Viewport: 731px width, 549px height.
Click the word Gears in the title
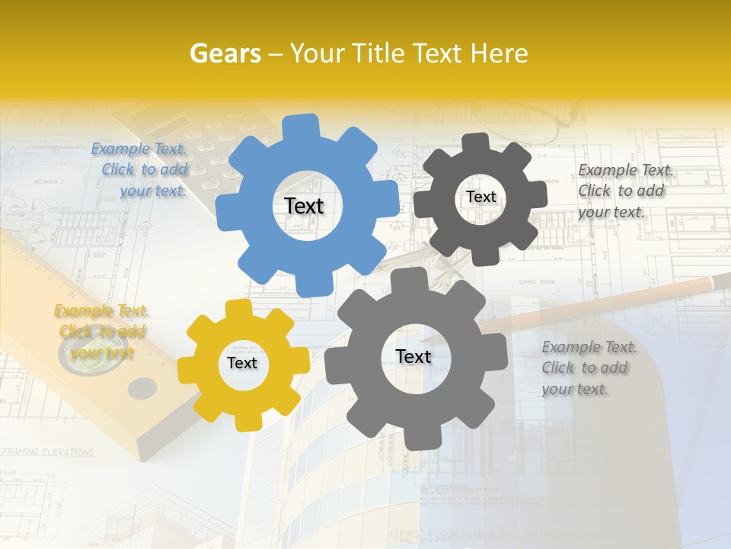click(x=225, y=53)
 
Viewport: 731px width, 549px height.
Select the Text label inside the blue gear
click(x=304, y=206)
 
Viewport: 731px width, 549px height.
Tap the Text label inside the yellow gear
click(x=242, y=363)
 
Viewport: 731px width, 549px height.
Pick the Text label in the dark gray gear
click(x=481, y=197)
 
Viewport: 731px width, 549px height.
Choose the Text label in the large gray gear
click(x=413, y=356)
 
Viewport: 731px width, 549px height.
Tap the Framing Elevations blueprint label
click(x=48, y=452)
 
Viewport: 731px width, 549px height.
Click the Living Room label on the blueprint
click(x=538, y=282)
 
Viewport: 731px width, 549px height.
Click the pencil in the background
click(x=609, y=303)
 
